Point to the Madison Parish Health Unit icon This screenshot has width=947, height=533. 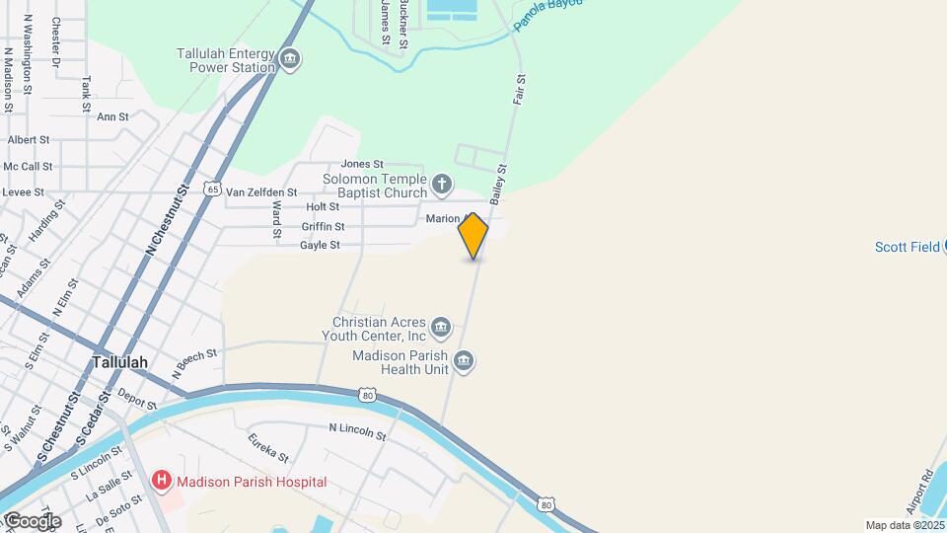coord(465,362)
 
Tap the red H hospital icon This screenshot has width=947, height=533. coord(161,482)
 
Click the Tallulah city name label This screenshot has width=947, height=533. coord(120,362)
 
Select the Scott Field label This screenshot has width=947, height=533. coord(908,247)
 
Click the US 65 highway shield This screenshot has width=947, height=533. coord(213,189)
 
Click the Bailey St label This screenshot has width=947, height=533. coord(496,185)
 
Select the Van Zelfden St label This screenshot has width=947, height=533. coord(261,191)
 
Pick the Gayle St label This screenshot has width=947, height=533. coord(320,245)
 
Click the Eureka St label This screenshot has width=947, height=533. coord(268,448)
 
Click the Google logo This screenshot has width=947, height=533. coord(33,520)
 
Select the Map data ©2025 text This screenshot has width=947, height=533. coord(905,525)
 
